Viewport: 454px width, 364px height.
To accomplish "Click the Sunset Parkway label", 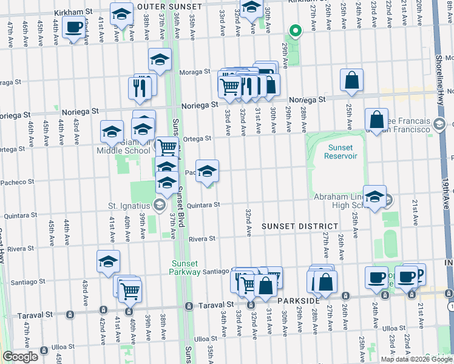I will click(x=186, y=268).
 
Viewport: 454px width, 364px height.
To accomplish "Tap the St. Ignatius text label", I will click(x=129, y=204).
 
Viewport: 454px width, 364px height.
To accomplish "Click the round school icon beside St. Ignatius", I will click(x=159, y=204).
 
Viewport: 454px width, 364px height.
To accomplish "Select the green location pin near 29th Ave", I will click(x=296, y=30).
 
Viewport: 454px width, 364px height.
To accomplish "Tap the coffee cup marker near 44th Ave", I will click(x=74, y=27).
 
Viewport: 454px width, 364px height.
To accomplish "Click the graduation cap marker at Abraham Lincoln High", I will click(x=375, y=196).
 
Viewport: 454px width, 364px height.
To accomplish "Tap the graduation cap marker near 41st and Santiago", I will click(x=108, y=261).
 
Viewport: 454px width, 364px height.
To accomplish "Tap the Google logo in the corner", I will click(x=21, y=357).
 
